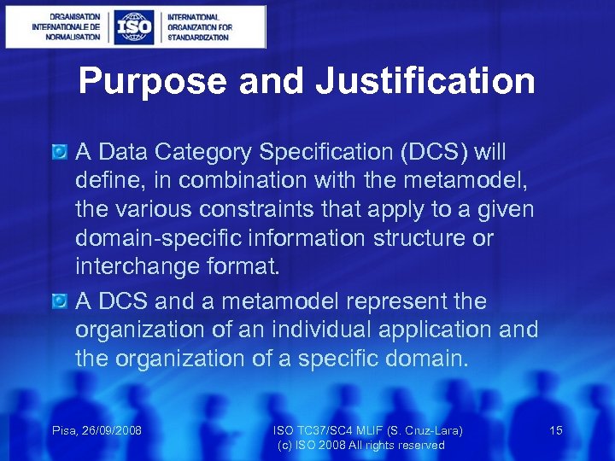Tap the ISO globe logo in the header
coord(135,26)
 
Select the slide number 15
coord(555,430)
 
